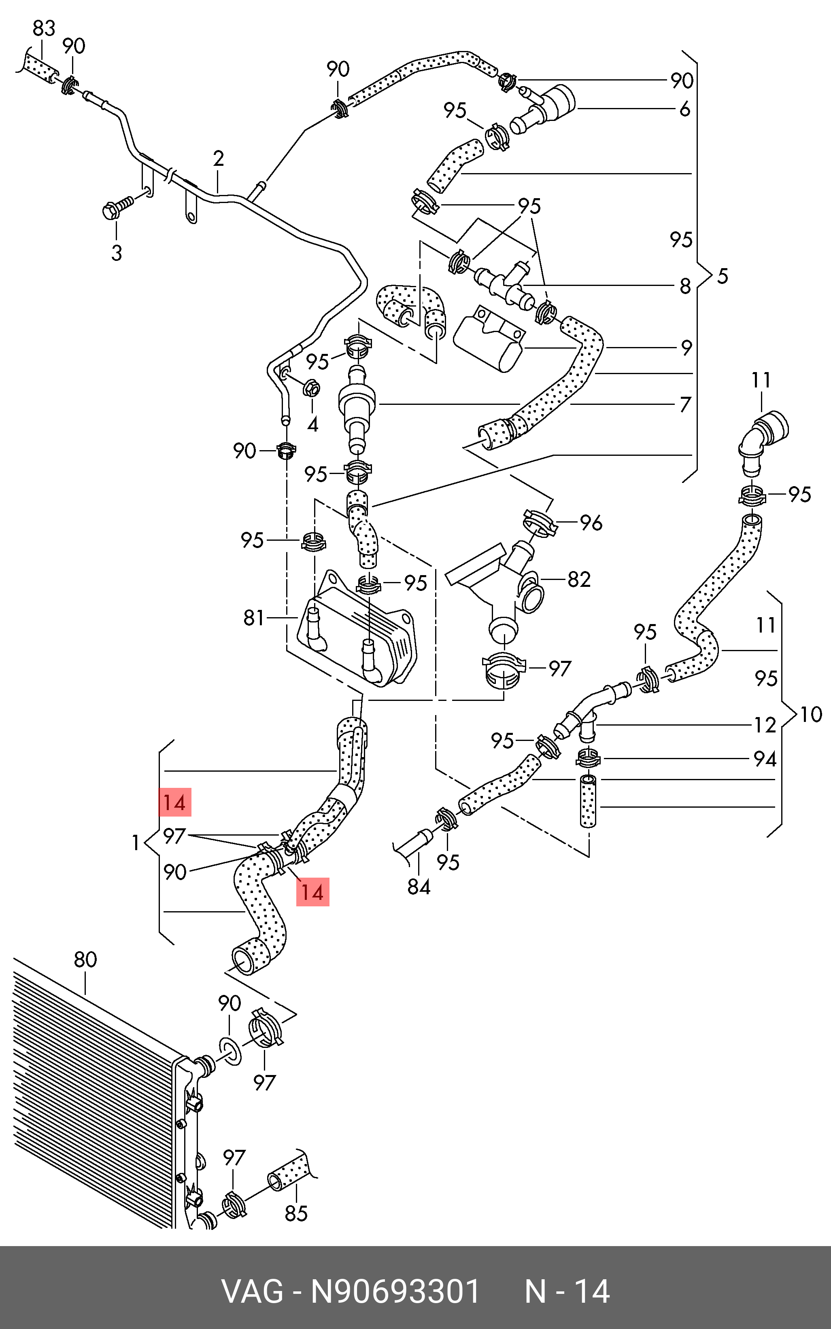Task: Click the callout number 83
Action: click(44, 28)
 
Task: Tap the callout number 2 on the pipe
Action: click(218, 159)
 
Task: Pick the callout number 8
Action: click(685, 286)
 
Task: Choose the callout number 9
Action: click(686, 348)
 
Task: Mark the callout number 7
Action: click(685, 405)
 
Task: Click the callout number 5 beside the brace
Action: click(722, 276)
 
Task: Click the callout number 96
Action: click(591, 523)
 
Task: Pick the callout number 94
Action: click(765, 760)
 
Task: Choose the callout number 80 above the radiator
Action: click(85, 959)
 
